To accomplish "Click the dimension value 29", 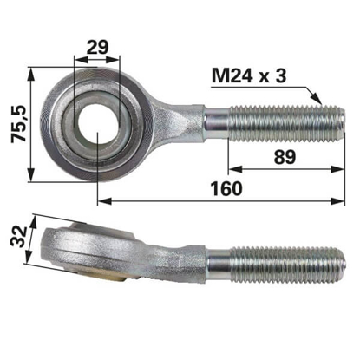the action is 97,47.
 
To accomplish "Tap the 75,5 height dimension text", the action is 19,124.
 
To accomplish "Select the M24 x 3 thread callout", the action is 249,76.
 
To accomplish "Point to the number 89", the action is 285,157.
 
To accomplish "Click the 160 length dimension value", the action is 226,188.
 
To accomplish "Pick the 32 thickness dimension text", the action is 18,236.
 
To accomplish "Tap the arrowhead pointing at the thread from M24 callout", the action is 316,98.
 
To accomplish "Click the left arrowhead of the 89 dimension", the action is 235,169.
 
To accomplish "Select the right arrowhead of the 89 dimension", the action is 338,169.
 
